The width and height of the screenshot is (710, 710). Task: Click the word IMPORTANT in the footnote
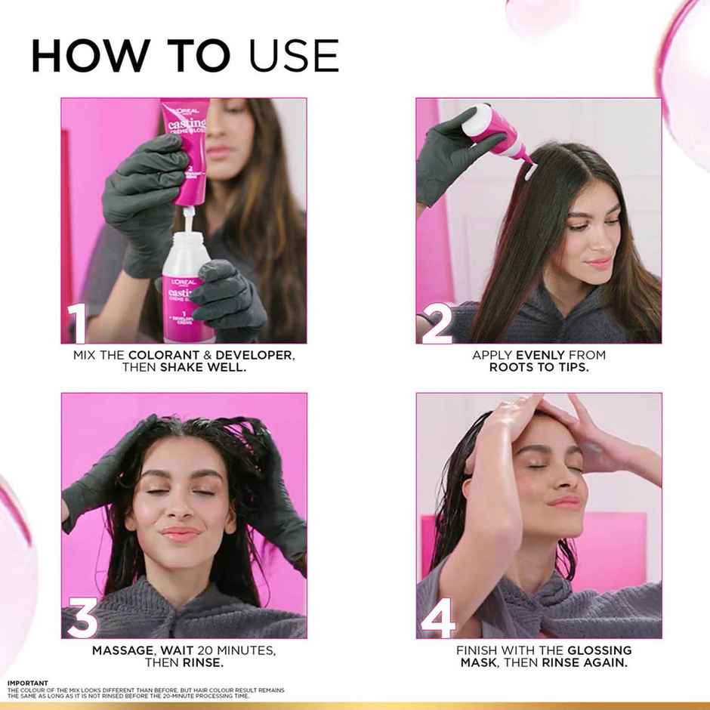point(28,683)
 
